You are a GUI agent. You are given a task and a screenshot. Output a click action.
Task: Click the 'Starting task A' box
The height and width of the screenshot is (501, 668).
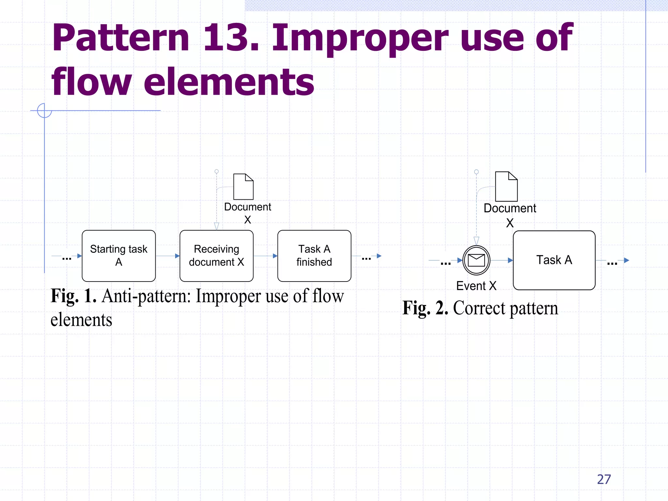click(x=119, y=256)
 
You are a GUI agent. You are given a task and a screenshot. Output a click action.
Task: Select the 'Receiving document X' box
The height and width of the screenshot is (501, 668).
click(x=216, y=256)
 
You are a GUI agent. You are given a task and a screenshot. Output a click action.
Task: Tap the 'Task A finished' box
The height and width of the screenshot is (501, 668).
click(x=314, y=256)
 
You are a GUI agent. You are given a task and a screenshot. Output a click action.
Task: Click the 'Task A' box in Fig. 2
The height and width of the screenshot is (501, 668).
click(x=554, y=260)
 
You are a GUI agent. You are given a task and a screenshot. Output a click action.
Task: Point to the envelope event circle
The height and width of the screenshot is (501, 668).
click(x=476, y=260)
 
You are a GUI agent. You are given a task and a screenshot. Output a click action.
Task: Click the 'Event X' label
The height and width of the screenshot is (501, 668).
click(x=476, y=286)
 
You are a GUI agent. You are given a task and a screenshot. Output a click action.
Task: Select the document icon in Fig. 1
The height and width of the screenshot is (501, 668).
click(x=243, y=187)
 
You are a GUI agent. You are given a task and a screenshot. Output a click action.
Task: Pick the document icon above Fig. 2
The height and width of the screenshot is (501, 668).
click(x=506, y=187)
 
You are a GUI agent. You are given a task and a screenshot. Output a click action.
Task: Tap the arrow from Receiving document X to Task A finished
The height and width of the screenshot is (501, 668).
click(x=265, y=256)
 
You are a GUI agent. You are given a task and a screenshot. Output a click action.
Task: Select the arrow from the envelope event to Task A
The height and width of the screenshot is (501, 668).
click(x=502, y=260)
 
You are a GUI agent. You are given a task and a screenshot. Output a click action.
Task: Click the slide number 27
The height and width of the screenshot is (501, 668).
click(x=604, y=479)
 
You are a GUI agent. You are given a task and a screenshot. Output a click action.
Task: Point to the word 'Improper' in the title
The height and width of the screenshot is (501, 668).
click(x=360, y=38)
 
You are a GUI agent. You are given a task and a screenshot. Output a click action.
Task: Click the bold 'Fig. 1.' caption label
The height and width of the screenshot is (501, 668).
click(x=74, y=296)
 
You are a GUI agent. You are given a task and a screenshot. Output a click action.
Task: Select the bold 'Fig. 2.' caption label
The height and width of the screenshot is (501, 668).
click(x=425, y=308)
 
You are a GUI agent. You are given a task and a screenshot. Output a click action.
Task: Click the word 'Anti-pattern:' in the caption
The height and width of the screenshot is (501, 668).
click(x=146, y=296)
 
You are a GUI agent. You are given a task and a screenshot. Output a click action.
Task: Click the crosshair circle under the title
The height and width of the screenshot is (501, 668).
click(x=44, y=111)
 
